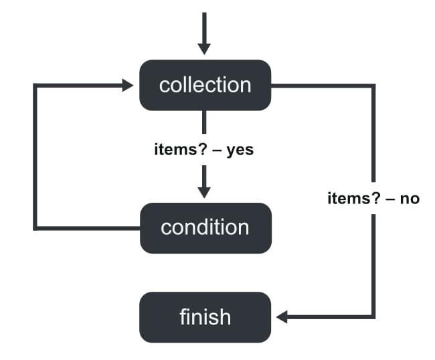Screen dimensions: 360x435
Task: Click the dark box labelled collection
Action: (x=205, y=85)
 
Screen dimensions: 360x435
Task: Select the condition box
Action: (x=205, y=228)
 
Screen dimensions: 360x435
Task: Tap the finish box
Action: (x=205, y=316)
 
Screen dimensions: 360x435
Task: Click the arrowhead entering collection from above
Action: (x=205, y=48)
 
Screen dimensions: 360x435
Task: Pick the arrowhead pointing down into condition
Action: (x=205, y=191)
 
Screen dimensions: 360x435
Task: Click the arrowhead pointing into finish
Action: (x=282, y=316)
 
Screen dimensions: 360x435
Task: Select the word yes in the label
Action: (x=240, y=150)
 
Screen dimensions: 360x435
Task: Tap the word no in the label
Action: (x=409, y=199)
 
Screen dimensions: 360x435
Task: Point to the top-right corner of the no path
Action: (x=373, y=86)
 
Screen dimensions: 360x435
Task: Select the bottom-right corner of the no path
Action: (x=373, y=316)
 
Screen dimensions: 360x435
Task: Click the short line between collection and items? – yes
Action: (x=205, y=123)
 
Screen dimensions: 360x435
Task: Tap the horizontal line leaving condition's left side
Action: (x=87, y=228)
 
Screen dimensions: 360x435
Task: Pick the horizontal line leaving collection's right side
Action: (x=321, y=86)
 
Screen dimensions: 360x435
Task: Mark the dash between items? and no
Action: (x=389, y=199)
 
